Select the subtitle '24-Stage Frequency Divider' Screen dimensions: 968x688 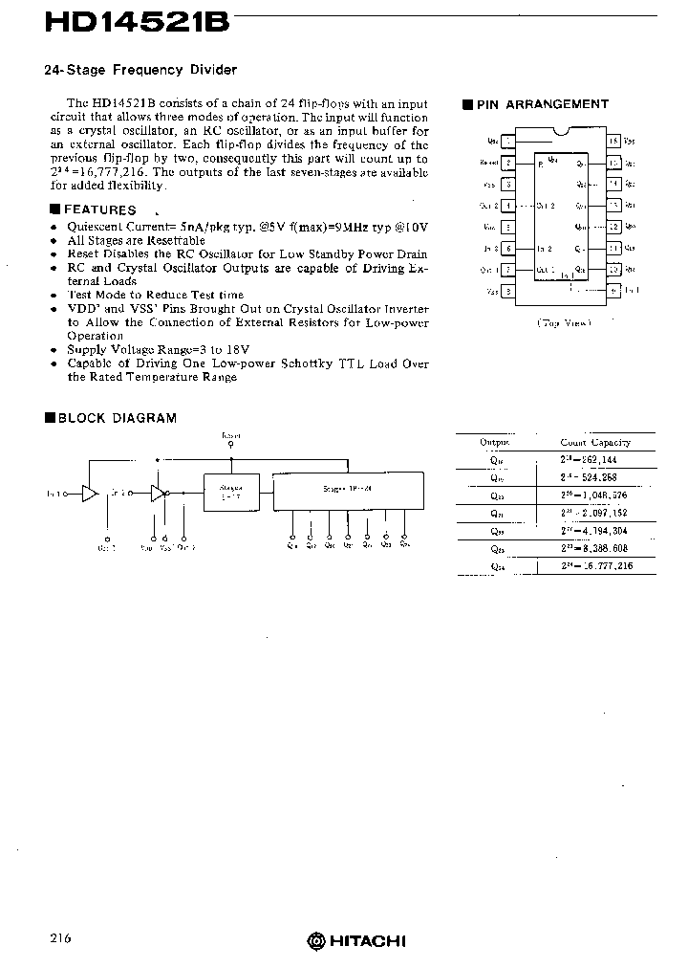pos(140,70)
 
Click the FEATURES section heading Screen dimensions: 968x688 pos(99,209)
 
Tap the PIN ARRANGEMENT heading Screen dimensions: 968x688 pos(555,104)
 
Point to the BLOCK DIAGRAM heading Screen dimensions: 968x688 pos(118,418)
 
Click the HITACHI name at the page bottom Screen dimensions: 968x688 pos(366,941)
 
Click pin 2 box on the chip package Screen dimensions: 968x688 pos(508,163)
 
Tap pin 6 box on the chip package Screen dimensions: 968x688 pos(508,248)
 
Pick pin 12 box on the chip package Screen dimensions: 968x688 pos(614,227)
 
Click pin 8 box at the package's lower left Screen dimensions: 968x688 pos(508,291)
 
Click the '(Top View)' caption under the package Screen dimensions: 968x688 pos(564,322)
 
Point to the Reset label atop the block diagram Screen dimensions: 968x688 pos(230,434)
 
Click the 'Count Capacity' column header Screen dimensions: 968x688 pos(595,443)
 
